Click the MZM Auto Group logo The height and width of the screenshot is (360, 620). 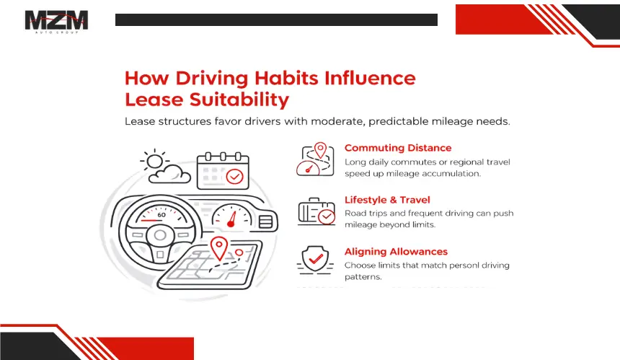coord(56,22)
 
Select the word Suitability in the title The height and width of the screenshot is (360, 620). coord(239,100)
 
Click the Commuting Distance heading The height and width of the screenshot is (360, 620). coord(398,148)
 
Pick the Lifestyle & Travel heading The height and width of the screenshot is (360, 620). coord(387,200)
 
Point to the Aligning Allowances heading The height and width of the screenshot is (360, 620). coord(396,252)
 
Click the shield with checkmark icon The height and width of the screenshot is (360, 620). coord(315,260)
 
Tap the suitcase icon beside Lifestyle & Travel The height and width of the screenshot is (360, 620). coord(316,211)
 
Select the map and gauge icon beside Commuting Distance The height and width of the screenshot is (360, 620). coord(315,159)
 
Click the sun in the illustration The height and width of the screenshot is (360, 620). coord(154,161)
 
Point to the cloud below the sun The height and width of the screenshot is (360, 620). coord(170,174)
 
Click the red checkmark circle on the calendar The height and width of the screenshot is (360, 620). coord(234,177)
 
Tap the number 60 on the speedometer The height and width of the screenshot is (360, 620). coord(161,215)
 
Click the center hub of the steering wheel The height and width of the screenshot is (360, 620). coord(160,235)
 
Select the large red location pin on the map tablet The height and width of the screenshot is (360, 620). coord(218,248)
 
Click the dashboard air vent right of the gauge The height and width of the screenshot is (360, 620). coord(265,221)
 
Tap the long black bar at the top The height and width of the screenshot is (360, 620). coord(276,19)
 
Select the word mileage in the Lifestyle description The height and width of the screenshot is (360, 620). coord(360,224)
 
